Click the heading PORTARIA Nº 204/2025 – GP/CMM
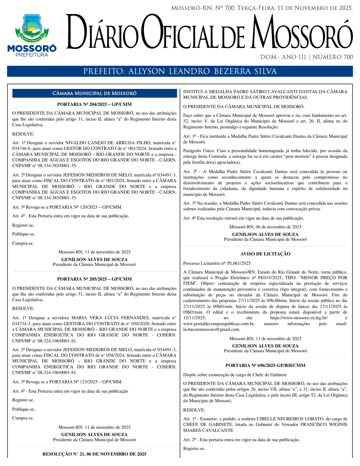pos(94,104)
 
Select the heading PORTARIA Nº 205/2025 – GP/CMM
pos(94,279)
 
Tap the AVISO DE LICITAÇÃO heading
pos(265,254)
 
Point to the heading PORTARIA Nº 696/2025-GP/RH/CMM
pos(265,366)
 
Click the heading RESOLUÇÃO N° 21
pos(94,454)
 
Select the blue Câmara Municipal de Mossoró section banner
pos(94,93)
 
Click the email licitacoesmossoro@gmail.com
pos(211,329)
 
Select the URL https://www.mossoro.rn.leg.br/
pos(299,318)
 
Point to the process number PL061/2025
pos(239,263)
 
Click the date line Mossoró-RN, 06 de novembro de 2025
pos(265,227)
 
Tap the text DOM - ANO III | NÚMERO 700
pos(306,57)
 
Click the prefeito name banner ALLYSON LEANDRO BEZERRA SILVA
pos(180,71)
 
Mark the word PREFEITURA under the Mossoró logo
pos(32,55)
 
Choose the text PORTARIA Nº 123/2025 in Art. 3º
pos(75,382)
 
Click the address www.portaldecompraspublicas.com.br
pos(219,324)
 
